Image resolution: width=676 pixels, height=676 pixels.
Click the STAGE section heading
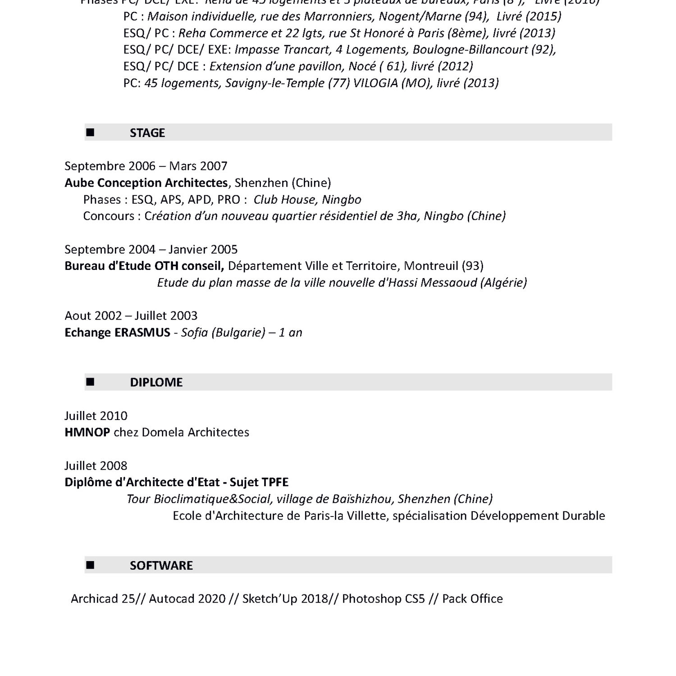(x=147, y=133)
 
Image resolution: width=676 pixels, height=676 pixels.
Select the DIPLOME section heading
(x=156, y=382)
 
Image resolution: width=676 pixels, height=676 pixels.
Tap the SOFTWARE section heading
(x=161, y=565)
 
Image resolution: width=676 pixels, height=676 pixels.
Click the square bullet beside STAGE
(x=91, y=132)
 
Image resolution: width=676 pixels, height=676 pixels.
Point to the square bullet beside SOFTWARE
(x=91, y=565)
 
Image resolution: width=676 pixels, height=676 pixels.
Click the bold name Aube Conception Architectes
(x=146, y=183)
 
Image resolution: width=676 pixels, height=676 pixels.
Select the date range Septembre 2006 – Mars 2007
(x=146, y=166)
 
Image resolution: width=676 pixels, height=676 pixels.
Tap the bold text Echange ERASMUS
(x=117, y=333)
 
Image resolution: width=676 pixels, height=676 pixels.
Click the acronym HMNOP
(x=87, y=432)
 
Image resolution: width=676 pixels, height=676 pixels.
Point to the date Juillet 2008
(x=96, y=466)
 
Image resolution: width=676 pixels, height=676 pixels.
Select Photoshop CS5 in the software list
(x=383, y=598)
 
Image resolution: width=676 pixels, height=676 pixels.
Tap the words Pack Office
(x=472, y=598)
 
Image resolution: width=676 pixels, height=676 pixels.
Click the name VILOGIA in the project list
(x=375, y=83)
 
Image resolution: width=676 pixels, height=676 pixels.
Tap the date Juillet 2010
(x=96, y=416)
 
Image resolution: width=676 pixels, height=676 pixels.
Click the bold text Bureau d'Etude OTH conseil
(x=144, y=266)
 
